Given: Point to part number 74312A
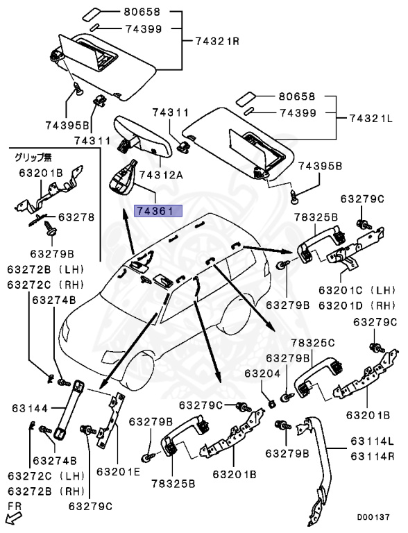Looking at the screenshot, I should pyautogui.click(x=162, y=175).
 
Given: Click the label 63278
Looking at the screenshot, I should pyautogui.click(x=76, y=217).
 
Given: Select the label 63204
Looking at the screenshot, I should pyautogui.click(x=262, y=373).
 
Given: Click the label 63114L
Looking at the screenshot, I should pyautogui.click(x=372, y=441).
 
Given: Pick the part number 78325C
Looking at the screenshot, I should pyautogui.click(x=312, y=343).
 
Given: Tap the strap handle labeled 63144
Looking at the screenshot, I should pyautogui.click(x=67, y=409).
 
